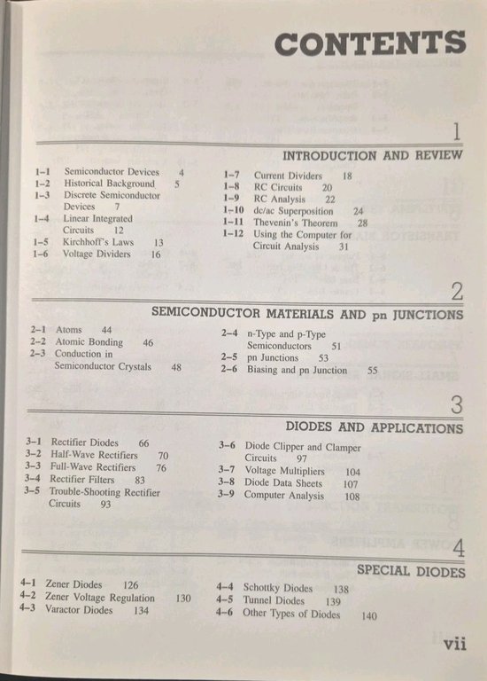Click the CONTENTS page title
[369, 43]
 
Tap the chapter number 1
[456, 132]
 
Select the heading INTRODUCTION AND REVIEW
[372, 155]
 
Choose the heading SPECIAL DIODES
[411, 570]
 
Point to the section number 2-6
[229, 370]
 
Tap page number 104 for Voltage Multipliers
[353, 472]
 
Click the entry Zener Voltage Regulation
[99, 598]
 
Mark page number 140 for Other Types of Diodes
[369, 616]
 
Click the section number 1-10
[233, 211]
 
